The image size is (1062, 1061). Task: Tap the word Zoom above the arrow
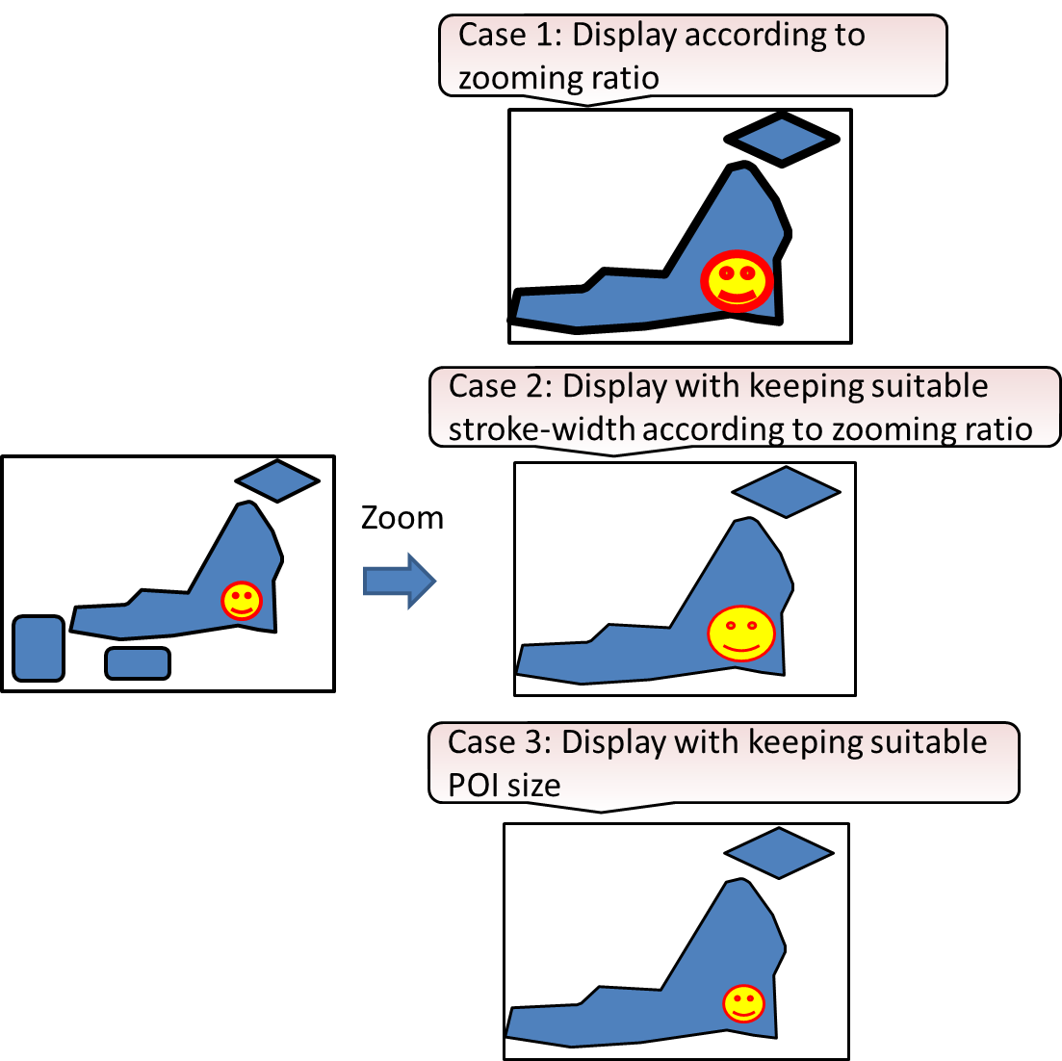pos(401,518)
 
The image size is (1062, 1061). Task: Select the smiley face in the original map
pos(241,601)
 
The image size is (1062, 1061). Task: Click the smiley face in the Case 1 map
pos(737,281)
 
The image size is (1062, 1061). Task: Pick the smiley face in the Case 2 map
pos(741,633)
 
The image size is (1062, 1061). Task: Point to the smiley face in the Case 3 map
pos(742,1003)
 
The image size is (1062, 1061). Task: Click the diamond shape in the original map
pos(277,479)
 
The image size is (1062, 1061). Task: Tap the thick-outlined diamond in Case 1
pos(782,140)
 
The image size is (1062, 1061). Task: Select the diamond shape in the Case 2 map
pos(786,492)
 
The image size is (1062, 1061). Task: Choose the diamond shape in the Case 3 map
pos(778,852)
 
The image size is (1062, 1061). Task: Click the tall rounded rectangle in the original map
pos(39,648)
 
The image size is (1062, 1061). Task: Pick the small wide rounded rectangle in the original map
pos(138,663)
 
